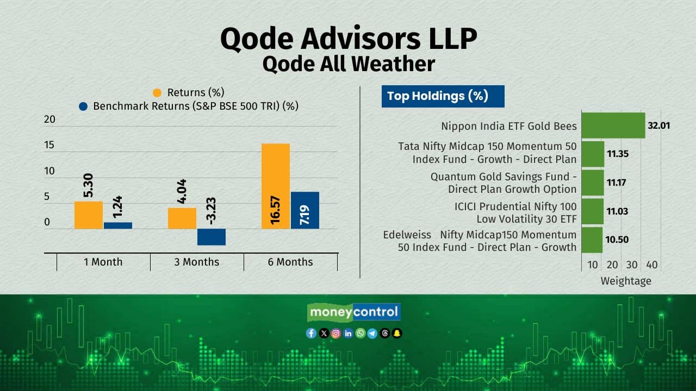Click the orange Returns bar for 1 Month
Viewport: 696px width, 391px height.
[89, 215]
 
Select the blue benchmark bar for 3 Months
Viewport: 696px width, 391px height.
[212, 237]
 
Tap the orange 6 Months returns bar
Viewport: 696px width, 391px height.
[276, 186]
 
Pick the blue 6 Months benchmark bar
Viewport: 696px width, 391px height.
[305, 210]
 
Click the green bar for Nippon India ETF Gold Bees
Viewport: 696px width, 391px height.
[613, 125]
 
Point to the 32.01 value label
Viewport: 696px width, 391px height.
[658, 125]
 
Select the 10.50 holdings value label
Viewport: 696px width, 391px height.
[617, 239]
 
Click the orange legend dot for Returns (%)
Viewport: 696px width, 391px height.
[157, 93]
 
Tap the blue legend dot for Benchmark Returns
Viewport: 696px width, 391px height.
[83, 106]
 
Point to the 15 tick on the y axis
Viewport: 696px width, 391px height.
[49, 145]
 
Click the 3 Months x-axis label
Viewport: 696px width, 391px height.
[197, 262]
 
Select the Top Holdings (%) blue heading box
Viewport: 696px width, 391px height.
[443, 96]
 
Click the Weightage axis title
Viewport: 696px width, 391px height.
[626, 281]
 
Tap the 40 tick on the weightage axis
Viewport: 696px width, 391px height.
[652, 264]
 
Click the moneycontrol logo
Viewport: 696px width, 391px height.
[353, 312]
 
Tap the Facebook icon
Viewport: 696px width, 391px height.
[311, 333]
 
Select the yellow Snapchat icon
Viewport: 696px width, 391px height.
[397, 333]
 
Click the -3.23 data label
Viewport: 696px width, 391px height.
[212, 211]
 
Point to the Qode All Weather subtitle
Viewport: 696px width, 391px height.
[349, 64]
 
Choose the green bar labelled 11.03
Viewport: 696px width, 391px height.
[593, 211]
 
